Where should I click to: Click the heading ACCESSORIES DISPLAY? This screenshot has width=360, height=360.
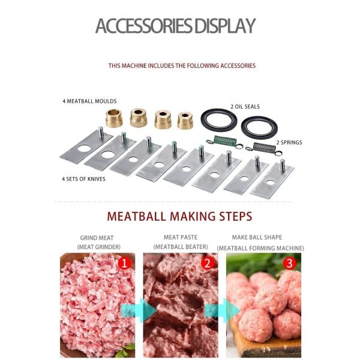[x=175, y=26]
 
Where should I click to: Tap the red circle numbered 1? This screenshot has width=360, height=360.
[x=125, y=262]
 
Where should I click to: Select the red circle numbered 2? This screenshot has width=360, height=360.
[x=207, y=262]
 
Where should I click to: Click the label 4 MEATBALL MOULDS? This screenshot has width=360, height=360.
[x=89, y=101]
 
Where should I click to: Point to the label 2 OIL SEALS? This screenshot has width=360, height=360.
[x=245, y=107]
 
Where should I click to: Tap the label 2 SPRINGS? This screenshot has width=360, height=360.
[x=289, y=143]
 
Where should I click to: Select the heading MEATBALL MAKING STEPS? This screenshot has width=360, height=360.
[x=179, y=216]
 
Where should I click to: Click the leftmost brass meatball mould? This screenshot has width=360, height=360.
[x=114, y=117]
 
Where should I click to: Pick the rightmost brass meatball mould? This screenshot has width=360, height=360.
[x=187, y=119]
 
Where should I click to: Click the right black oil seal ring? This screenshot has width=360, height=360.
[x=259, y=127]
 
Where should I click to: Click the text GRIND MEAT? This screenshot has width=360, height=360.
[x=97, y=238]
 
